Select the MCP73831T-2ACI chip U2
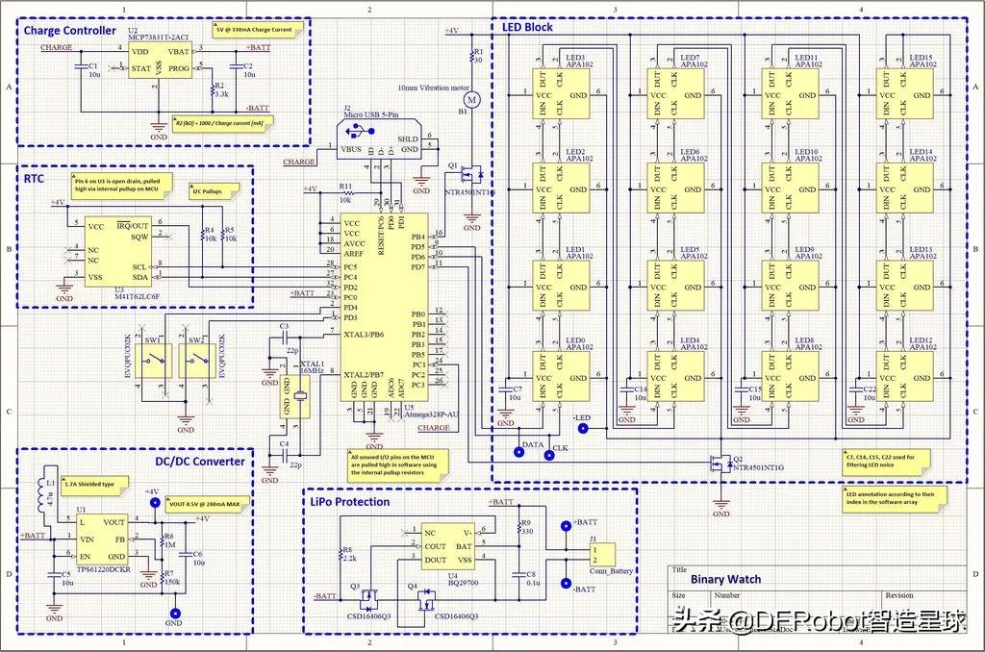160,60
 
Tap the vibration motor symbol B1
471,98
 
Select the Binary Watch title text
725,579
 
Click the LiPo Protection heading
350,501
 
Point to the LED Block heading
527,27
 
